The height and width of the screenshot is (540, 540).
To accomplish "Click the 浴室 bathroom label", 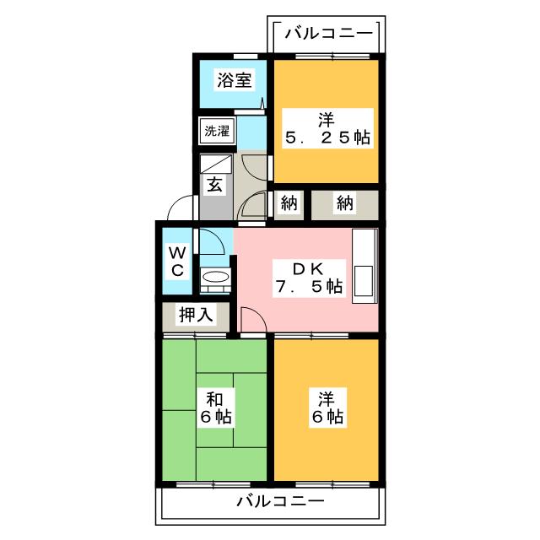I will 234,82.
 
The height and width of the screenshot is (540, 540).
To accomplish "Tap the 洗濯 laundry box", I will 216,132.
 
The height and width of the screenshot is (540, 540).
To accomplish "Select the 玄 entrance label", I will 214,186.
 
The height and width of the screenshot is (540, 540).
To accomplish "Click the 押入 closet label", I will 195,316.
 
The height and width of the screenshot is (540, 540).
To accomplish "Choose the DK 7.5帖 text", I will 307,278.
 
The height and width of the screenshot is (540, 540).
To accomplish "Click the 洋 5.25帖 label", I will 324,127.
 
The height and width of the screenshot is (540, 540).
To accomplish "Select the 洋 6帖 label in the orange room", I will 324,408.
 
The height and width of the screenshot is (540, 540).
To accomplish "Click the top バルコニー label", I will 327,34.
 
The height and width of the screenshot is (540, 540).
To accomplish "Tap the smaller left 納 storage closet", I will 287,203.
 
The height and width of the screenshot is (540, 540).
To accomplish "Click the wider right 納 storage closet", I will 344,203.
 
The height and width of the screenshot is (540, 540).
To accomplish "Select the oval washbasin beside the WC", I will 215,278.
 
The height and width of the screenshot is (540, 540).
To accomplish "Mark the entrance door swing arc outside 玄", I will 181,207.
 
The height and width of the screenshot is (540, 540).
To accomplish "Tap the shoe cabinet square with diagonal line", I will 214,165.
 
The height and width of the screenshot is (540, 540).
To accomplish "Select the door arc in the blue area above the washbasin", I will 213,242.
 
